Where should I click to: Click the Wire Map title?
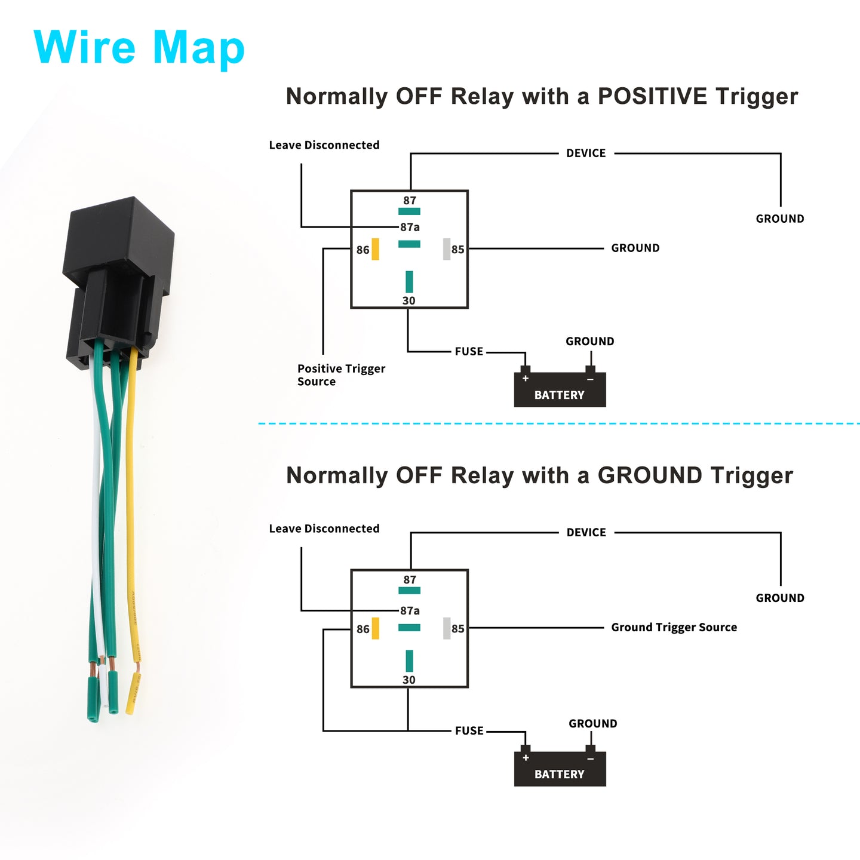click(139, 47)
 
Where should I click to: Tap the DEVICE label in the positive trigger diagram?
click(586, 153)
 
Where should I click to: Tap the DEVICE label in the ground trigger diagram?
click(586, 532)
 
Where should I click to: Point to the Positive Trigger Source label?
click(341, 375)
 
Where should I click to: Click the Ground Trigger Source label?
click(674, 627)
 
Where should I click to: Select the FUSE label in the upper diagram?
click(469, 351)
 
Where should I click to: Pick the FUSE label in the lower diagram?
click(469, 730)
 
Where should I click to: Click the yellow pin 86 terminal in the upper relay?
click(375, 249)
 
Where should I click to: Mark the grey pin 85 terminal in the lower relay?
click(447, 628)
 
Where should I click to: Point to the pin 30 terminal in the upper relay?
click(409, 282)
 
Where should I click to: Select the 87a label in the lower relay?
click(410, 610)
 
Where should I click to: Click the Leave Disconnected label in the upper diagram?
click(324, 145)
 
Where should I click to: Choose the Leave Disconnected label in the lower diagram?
click(324, 529)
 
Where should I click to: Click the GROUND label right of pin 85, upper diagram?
click(635, 248)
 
